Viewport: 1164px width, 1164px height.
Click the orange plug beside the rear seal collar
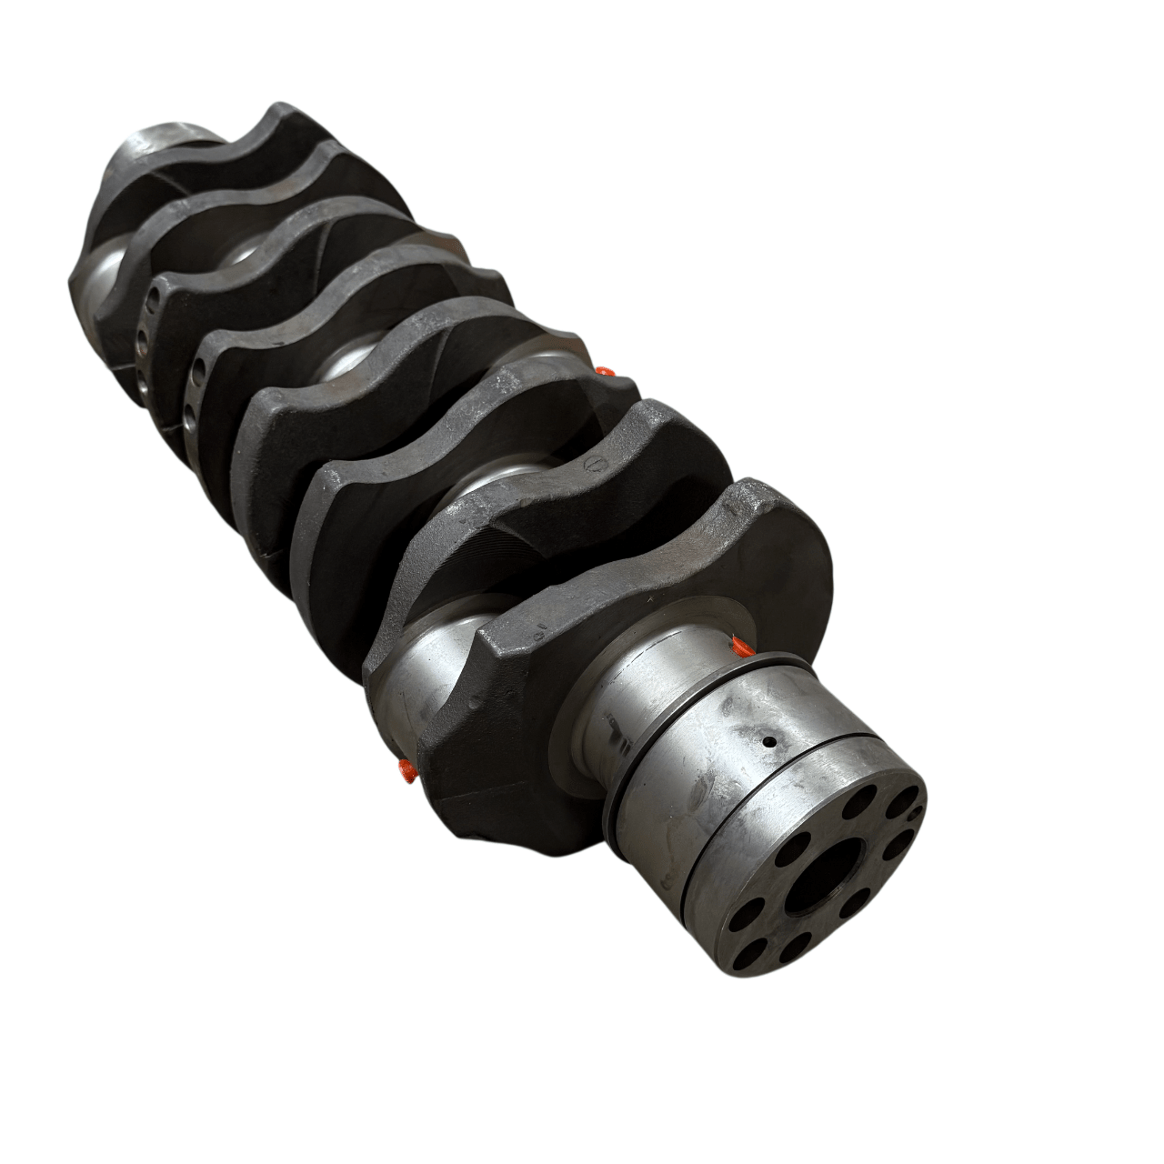tap(741, 647)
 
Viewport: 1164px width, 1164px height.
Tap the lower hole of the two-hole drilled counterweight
tap(188, 418)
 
